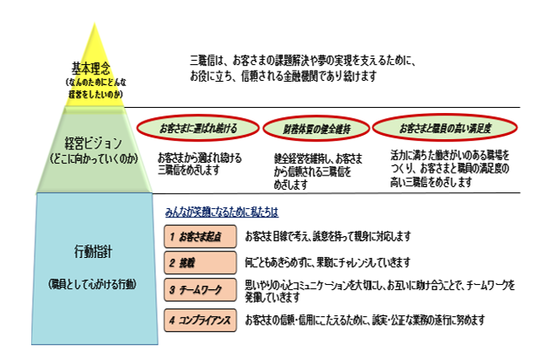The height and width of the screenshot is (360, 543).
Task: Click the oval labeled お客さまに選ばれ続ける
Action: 198,128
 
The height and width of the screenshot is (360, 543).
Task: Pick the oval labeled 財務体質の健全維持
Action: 317,128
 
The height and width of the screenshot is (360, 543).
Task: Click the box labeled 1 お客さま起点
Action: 199,236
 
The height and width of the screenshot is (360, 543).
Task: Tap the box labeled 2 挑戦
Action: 199,262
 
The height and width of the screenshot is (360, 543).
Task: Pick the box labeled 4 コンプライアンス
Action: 199,321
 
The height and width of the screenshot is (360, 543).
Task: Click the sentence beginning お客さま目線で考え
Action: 327,236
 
